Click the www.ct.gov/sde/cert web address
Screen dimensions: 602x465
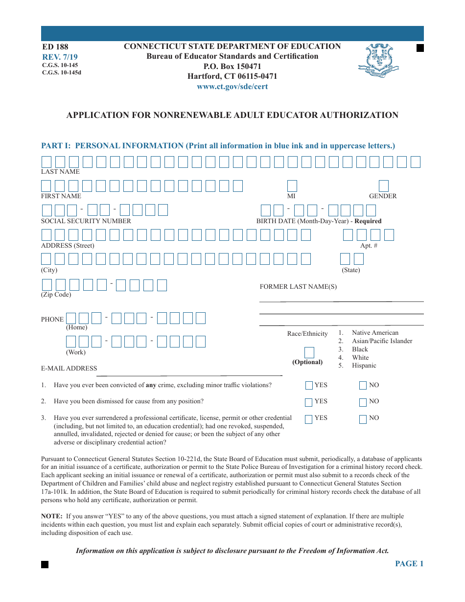click(x=232, y=87)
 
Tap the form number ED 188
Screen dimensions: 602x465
click(x=55, y=47)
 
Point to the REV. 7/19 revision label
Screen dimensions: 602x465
click(x=56, y=57)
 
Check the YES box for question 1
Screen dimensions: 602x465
click(x=309, y=386)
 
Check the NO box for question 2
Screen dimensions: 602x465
click(x=363, y=402)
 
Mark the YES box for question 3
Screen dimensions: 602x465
click(x=309, y=419)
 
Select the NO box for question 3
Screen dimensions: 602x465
click(x=363, y=419)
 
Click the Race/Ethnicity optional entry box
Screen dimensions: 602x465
click(x=309, y=352)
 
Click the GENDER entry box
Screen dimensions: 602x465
click(x=384, y=185)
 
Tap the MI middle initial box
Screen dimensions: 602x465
click(x=292, y=185)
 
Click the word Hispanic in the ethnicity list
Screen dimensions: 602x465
click(x=364, y=366)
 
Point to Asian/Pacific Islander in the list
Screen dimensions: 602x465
click(x=382, y=341)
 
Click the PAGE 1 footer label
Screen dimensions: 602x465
click(x=409, y=564)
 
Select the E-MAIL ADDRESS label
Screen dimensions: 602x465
click(x=69, y=369)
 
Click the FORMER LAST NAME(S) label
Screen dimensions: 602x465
click(x=298, y=287)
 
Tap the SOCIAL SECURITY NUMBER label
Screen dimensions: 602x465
click(x=86, y=221)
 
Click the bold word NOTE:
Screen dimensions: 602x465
click(x=51, y=516)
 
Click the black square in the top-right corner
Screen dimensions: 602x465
click(x=419, y=47)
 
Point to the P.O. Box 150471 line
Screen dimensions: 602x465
click(x=232, y=66)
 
